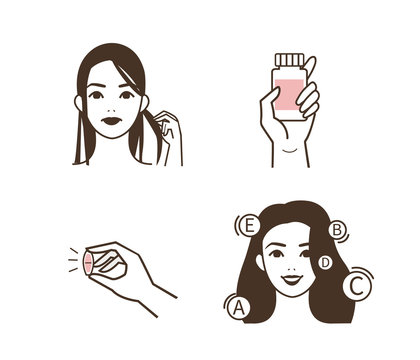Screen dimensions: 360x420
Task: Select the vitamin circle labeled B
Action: (338, 230)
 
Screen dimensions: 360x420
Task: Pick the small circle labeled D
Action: (325, 262)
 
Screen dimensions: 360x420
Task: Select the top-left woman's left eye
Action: (129, 92)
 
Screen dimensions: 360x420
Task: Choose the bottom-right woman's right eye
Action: (272, 251)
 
